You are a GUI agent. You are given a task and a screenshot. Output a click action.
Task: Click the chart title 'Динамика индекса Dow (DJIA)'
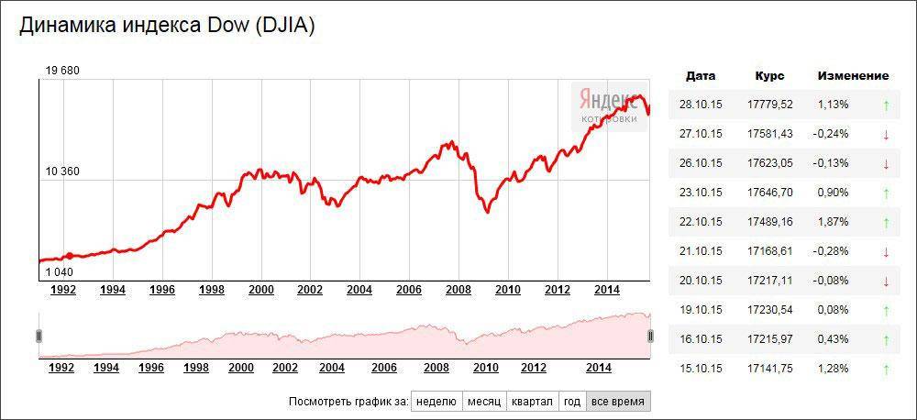[x=167, y=26]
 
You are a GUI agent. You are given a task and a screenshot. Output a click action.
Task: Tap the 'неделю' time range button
[x=436, y=402]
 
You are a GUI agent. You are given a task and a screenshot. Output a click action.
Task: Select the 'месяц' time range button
[x=483, y=402]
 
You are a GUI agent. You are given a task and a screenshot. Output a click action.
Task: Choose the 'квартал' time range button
[x=532, y=402]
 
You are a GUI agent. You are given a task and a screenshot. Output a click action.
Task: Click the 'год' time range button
[x=572, y=402]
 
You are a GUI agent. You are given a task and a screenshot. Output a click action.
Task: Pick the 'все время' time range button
[x=617, y=402]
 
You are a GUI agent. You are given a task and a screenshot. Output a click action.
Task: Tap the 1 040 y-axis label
[x=61, y=271]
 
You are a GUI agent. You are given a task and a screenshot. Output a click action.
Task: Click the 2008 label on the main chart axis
[x=458, y=290]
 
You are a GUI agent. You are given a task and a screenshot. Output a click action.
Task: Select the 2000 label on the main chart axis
[x=261, y=290]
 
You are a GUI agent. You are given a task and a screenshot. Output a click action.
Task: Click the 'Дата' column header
[x=701, y=76]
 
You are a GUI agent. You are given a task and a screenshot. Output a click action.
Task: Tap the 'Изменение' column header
[x=853, y=76]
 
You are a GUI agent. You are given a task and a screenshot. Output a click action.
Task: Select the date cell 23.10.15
[x=701, y=193]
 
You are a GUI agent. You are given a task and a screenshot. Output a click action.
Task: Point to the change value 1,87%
[x=833, y=222]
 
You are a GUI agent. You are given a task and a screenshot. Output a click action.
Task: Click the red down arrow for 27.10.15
[x=886, y=135]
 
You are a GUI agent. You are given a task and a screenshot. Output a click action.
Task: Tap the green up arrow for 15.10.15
[x=886, y=370]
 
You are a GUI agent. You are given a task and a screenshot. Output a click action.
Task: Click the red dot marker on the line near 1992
[x=70, y=256]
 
